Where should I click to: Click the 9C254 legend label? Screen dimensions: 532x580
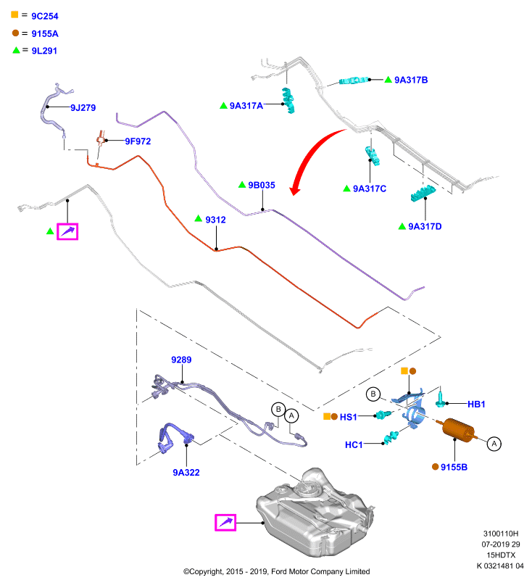point(45,16)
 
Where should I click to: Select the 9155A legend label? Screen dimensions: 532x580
point(45,33)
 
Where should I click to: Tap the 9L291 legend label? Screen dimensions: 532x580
point(44,51)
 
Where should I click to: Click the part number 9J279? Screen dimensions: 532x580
point(83,107)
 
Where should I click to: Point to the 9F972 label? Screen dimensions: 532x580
point(138,141)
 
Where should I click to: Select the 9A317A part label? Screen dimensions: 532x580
point(246,106)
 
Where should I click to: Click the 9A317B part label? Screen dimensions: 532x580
point(411,80)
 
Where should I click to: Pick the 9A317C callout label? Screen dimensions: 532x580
point(370,188)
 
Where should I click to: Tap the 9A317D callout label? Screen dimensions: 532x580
point(425,226)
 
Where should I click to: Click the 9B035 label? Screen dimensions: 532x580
point(262,185)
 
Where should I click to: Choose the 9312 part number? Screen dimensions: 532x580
point(215,220)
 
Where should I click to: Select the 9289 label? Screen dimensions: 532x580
point(181,360)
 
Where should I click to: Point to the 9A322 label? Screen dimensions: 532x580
point(186,473)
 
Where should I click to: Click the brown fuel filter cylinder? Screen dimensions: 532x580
point(457,431)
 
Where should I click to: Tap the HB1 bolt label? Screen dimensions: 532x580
point(476,405)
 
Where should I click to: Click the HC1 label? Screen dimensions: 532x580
point(354,444)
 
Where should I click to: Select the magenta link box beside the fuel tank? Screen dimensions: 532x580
point(225,523)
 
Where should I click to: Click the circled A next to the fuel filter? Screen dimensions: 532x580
point(494,444)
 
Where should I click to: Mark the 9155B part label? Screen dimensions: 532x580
point(454,467)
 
